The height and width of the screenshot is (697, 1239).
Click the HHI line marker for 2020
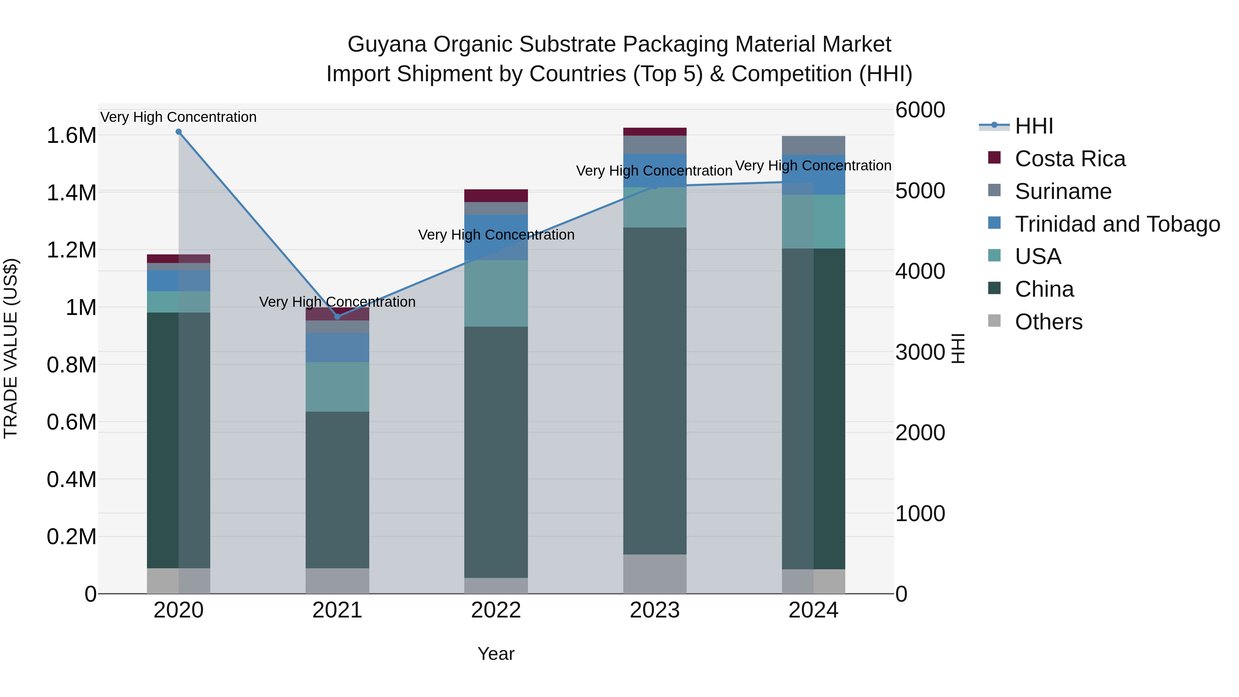click(178, 132)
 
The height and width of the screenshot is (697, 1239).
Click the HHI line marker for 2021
click(337, 317)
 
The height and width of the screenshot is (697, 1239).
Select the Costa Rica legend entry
click(1070, 159)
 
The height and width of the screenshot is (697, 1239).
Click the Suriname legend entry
click(1063, 191)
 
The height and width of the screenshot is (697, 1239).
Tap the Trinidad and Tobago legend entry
click(1117, 224)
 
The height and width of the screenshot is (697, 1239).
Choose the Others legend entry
click(1049, 322)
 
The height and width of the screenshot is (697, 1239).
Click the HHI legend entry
click(1034, 126)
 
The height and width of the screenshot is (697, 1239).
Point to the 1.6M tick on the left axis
click(71, 136)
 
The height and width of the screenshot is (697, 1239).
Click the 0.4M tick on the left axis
click(71, 479)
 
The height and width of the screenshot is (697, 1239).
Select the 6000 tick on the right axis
click(920, 110)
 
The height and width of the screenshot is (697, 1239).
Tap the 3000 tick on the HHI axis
click(920, 352)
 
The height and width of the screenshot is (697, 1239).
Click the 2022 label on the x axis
click(496, 610)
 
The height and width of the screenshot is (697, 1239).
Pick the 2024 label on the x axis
click(813, 610)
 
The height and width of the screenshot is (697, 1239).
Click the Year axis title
click(496, 654)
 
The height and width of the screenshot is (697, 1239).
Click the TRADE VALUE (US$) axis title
click(11, 348)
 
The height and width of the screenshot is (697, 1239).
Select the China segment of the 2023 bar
click(655, 391)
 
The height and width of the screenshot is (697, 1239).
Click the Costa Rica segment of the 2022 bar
click(496, 196)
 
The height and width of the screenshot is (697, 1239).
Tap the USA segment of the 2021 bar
click(337, 387)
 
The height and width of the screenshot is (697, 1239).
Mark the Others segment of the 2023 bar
click(655, 574)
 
